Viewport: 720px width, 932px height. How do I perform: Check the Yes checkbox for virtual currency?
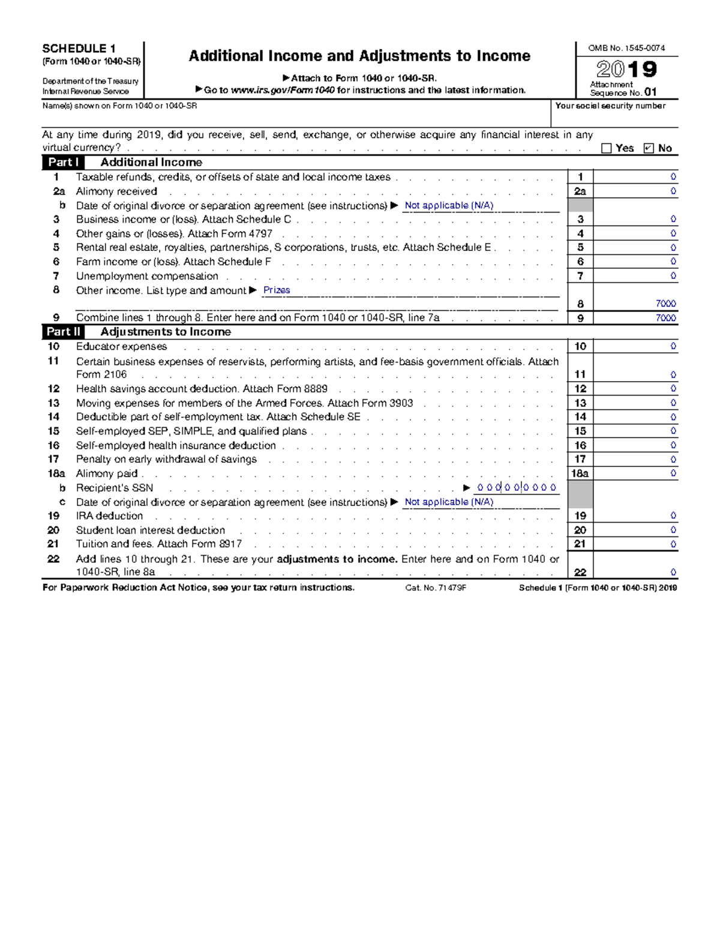click(606, 148)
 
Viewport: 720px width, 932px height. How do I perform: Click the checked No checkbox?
click(648, 148)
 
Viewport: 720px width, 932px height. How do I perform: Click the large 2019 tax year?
click(626, 70)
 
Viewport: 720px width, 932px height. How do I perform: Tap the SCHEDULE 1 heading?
click(79, 49)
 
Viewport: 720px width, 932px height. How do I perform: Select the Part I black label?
click(63, 162)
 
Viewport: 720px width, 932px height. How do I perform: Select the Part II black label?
click(63, 332)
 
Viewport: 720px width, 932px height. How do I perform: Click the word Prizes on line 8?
click(277, 290)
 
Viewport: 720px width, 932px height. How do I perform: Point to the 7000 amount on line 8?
click(665, 304)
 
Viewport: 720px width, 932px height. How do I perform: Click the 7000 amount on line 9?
click(665, 318)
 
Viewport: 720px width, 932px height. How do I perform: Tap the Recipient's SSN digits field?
click(517, 488)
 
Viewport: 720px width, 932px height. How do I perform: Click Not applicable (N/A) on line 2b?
click(449, 205)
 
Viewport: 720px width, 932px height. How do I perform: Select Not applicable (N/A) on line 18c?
click(449, 502)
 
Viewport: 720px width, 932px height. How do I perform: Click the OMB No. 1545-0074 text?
click(626, 48)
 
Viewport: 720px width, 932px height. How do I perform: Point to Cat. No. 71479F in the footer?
click(436, 588)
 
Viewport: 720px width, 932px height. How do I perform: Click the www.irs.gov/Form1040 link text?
click(283, 90)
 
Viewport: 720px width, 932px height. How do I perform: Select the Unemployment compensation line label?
click(147, 276)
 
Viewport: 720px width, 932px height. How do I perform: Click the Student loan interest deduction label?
click(151, 530)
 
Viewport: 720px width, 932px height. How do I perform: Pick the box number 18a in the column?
click(580, 474)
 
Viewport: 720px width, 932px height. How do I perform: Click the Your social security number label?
click(610, 106)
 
